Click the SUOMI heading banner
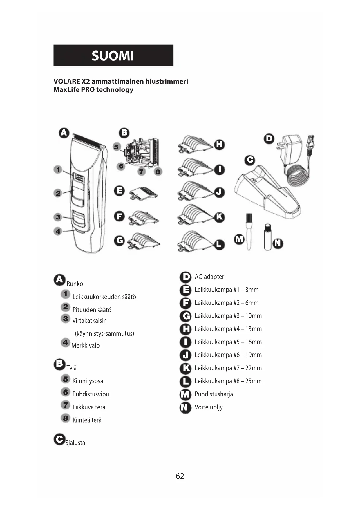pos(113,55)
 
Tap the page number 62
pos(180,476)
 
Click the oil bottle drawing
pos(267,237)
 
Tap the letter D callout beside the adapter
pos(269,139)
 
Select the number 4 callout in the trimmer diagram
pos(58,231)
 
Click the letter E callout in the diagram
pos(119,191)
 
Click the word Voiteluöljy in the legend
pos(209,407)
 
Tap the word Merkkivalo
pos(86,345)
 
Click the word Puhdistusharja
pos(214,394)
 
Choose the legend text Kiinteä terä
pos(87,420)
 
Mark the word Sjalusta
pos(75,443)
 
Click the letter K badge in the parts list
pos(185,368)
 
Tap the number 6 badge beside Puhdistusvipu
pos(66,392)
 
